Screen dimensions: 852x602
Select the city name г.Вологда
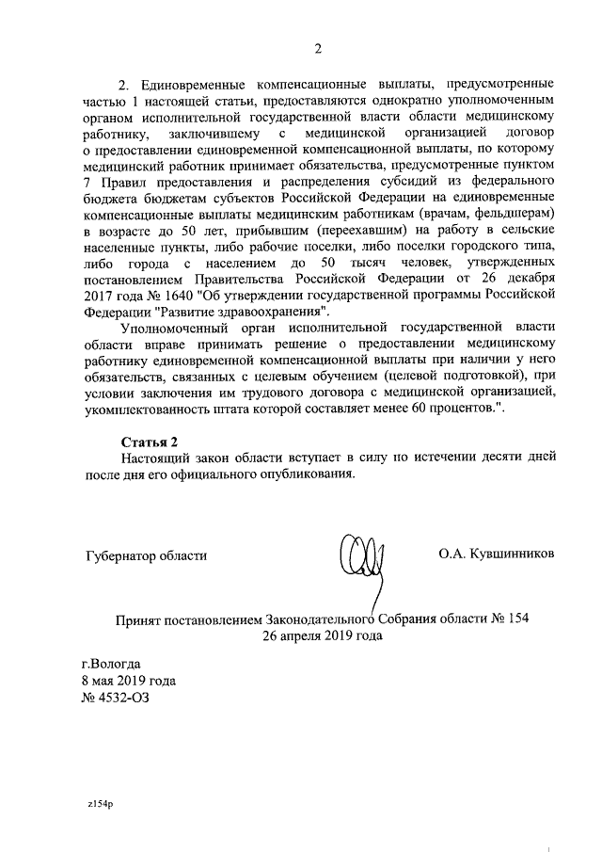tap(111, 664)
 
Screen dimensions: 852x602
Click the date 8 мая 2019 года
tap(129, 681)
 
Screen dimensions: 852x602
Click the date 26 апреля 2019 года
tap(324, 635)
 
